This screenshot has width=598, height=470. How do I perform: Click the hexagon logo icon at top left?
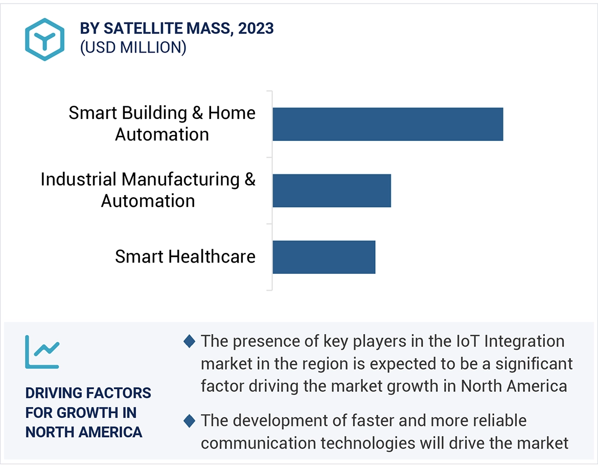tap(44, 39)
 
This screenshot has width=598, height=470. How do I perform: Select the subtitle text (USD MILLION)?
tap(133, 48)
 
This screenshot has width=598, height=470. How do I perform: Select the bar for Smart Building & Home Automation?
tap(387, 124)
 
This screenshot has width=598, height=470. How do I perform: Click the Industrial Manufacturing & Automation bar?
tap(331, 191)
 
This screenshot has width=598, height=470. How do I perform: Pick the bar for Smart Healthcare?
tap(324, 257)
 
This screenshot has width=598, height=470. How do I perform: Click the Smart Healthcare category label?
tap(185, 256)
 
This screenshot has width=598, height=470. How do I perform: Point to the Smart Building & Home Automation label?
tap(162, 124)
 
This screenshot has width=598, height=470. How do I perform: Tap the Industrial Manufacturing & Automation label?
tap(148, 190)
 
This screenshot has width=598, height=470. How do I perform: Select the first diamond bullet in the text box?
tap(189, 341)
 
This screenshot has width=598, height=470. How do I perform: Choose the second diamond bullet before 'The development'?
tap(189, 421)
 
